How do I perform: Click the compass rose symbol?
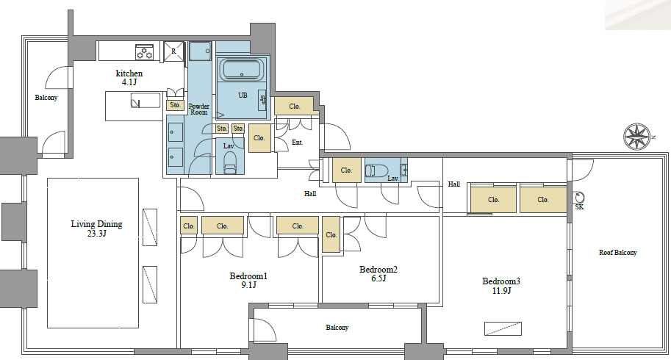coord(637,137)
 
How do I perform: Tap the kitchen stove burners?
coord(144,51)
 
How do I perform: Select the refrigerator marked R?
coord(173,51)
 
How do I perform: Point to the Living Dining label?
coord(97,224)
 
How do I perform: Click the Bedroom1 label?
coord(248,276)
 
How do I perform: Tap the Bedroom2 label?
coord(378,270)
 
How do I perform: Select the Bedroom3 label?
coord(501,281)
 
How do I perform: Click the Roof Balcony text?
coord(617,253)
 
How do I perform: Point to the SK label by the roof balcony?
coord(579,207)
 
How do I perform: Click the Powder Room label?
coord(199,109)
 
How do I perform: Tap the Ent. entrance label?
coord(298,143)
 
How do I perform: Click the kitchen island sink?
coord(146,101)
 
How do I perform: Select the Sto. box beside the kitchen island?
coord(175,105)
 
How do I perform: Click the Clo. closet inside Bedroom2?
coord(331,234)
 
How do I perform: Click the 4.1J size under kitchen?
coord(129,82)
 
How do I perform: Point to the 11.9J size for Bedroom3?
coord(501,291)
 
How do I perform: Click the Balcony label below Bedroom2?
coord(337,328)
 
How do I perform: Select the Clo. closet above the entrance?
coord(295,107)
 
